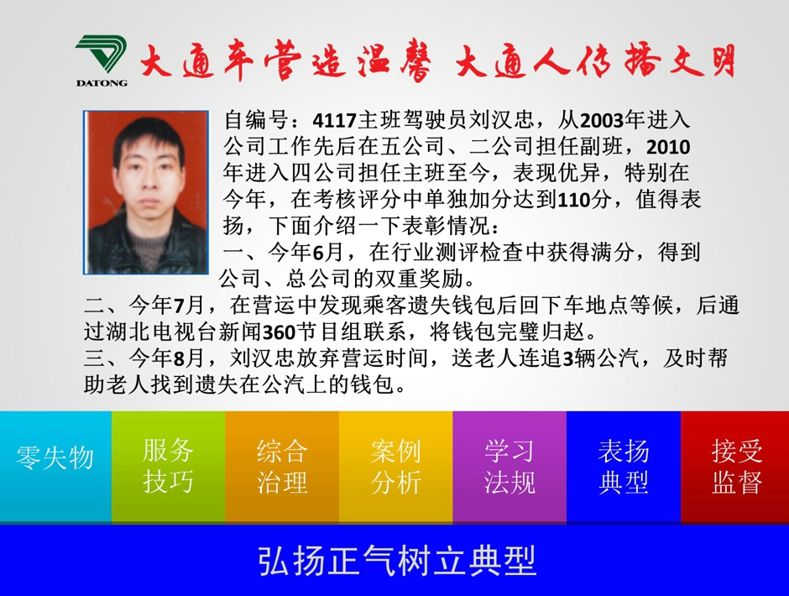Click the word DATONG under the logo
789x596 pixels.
pyautogui.click(x=102, y=83)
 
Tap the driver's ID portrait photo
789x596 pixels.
pyautogui.click(x=146, y=192)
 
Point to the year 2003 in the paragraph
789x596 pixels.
pyautogui.click(x=602, y=121)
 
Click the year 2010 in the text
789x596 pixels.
pyautogui.click(x=668, y=147)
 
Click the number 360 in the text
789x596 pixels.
pyautogui.click(x=280, y=332)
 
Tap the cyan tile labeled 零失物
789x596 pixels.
pyautogui.click(x=55, y=467)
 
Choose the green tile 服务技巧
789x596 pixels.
pyautogui.click(x=168, y=467)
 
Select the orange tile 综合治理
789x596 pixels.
pyautogui.click(x=282, y=467)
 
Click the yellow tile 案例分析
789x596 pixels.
pyautogui.click(x=396, y=467)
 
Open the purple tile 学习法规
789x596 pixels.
pyautogui.click(x=509, y=467)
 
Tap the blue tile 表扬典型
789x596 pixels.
pyautogui.click(x=624, y=467)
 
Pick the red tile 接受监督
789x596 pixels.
pyautogui.click(x=735, y=467)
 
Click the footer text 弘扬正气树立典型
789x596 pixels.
pyautogui.click(x=397, y=560)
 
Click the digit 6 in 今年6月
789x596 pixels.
pyautogui.click(x=318, y=253)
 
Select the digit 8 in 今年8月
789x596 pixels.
pyautogui.click(x=179, y=359)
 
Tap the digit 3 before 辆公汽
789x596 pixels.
pyautogui.click(x=567, y=359)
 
